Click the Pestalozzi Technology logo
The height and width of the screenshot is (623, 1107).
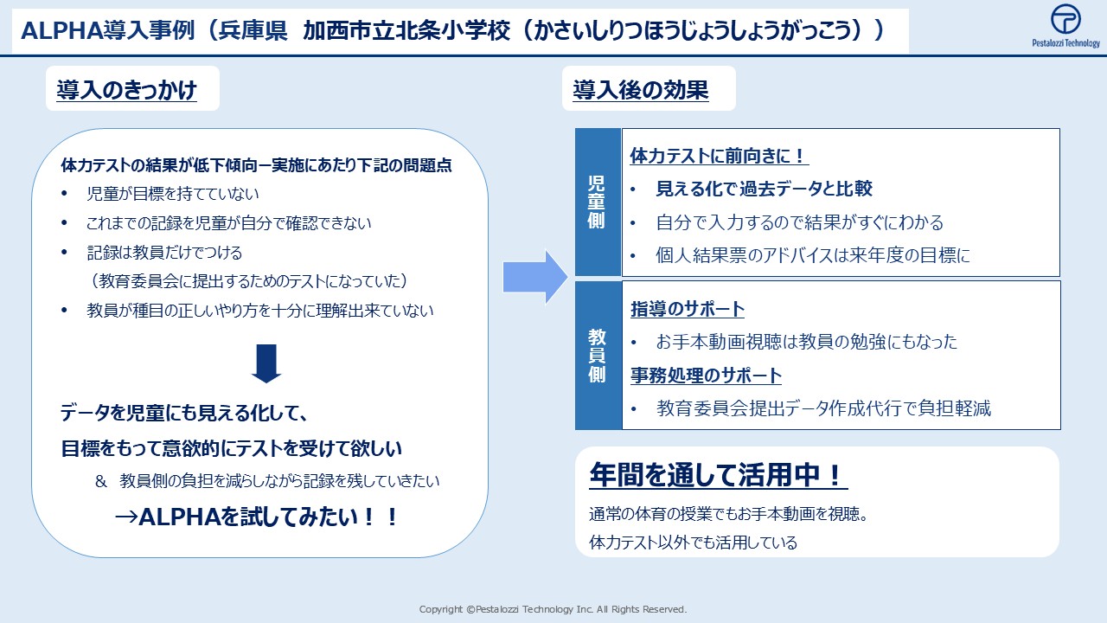(x=1065, y=26)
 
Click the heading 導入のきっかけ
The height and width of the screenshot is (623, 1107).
(x=126, y=90)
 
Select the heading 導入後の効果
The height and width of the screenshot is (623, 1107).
(x=641, y=90)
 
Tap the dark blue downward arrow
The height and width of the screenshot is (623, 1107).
(x=266, y=363)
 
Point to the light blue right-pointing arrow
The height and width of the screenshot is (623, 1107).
(x=535, y=277)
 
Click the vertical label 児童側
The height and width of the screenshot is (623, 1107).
(x=596, y=202)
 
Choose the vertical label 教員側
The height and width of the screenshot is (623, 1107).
(x=597, y=355)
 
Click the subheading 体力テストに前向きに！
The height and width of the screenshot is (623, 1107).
(x=719, y=156)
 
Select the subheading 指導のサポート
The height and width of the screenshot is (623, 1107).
(x=688, y=309)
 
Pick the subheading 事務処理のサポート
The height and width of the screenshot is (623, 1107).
(x=706, y=376)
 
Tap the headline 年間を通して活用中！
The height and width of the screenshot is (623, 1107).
(x=718, y=475)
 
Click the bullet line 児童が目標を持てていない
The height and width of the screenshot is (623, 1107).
(x=172, y=193)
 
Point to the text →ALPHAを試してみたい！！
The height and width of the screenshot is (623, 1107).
(x=256, y=517)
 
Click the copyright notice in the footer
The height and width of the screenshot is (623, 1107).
(x=553, y=609)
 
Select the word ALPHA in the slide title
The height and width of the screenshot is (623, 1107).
(x=61, y=30)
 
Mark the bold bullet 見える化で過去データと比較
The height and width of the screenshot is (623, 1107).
(x=764, y=189)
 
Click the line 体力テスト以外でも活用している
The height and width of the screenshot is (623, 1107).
(x=693, y=543)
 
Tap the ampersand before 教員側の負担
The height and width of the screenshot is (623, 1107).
(x=101, y=481)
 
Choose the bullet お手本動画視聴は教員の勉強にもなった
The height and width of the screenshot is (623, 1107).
(x=806, y=342)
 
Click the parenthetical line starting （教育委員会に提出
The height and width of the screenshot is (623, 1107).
(x=248, y=281)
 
